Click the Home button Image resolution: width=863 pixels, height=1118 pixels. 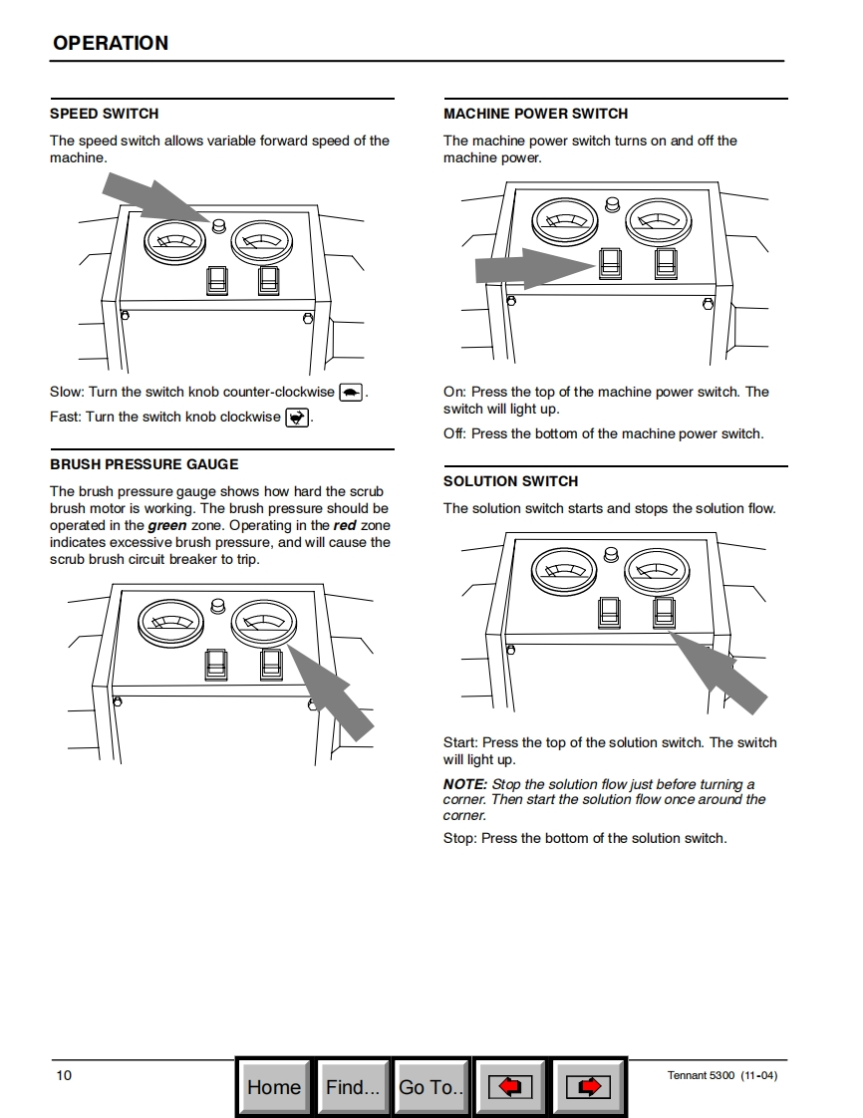[273, 1087]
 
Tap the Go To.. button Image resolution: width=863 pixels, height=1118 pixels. [431, 1087]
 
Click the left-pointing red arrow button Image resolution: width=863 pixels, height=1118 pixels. [509, 1087]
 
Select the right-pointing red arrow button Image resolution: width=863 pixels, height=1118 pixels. [589, 1087]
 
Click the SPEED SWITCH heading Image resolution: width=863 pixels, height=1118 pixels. [104, 114]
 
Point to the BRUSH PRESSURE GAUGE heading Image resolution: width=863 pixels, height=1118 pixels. [144, 464]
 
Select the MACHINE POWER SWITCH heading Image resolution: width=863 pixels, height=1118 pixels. [535, 114]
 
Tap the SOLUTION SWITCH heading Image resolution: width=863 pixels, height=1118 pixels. [510, 481]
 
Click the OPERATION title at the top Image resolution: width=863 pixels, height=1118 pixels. [111, 43]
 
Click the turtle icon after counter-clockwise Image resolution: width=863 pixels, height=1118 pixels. [351, 393]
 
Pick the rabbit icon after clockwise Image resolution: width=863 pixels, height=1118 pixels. [297, 418]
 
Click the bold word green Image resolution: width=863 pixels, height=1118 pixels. [167, 525]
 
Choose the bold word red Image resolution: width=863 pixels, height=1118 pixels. [345, 525]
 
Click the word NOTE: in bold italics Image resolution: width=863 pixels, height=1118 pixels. [465, 784]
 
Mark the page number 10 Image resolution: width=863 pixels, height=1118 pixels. [64, 1075]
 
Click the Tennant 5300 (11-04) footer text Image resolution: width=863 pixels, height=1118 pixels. [722, 1075]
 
